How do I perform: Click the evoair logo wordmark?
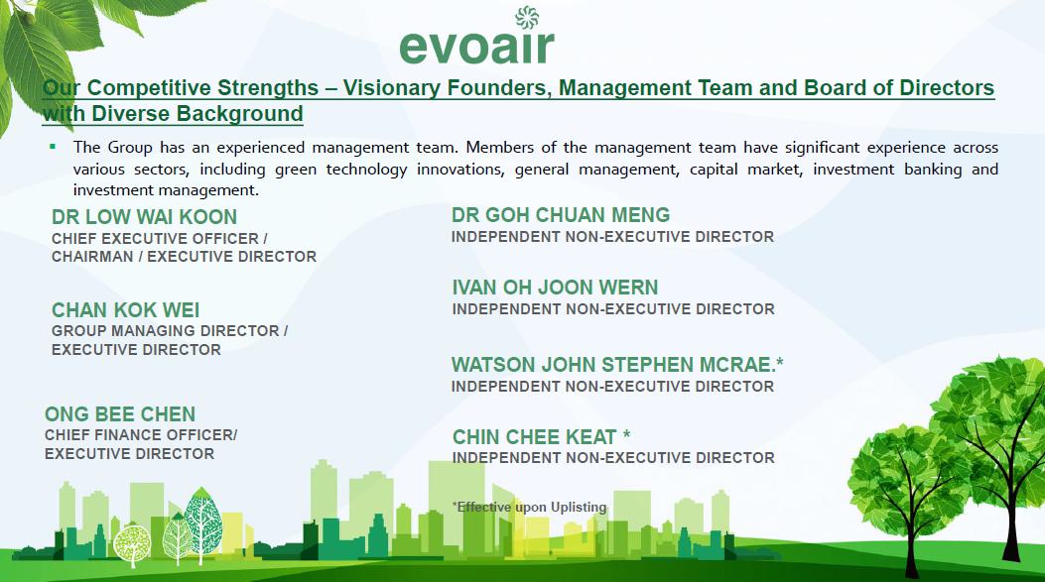(476, 47)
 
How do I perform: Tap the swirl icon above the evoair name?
(527, 17)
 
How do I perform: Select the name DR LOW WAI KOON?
(144, 217)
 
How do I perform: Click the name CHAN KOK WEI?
(125, 310)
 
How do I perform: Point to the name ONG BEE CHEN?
(120, 414)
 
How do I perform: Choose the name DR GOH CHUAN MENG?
(561, 215)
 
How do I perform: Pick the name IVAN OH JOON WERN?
(555, 288)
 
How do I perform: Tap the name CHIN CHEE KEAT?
(535, 437)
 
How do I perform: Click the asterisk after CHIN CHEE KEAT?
(626, 434)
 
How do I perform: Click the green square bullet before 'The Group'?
(53, 147)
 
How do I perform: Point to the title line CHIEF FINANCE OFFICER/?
(141, 435)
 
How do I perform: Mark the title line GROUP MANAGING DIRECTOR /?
(170, 331)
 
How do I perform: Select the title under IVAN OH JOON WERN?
(613, 309)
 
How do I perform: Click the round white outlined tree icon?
(132, 542)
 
